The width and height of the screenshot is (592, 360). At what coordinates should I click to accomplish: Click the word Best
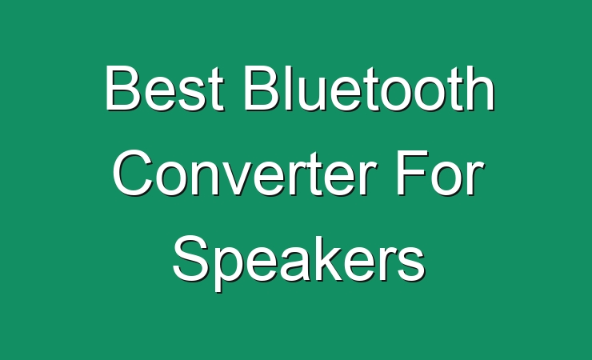pos(165,88)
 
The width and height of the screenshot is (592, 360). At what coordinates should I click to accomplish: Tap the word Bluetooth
pos(370,88)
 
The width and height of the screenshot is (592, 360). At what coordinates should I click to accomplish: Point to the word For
pos(441,173)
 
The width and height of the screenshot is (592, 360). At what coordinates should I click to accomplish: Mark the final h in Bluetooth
pos(481,87)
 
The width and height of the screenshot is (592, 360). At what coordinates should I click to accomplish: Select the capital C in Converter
pos(134,173)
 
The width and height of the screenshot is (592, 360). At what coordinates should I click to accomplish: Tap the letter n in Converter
pos(206,178)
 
